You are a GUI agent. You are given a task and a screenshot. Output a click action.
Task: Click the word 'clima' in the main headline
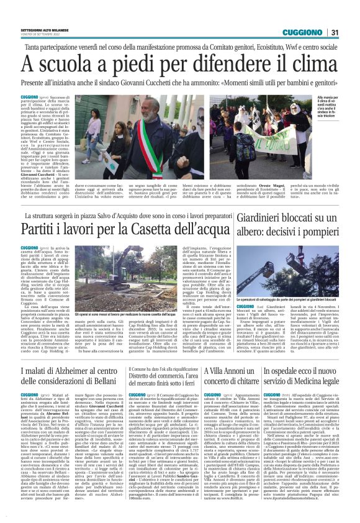(300, 65)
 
